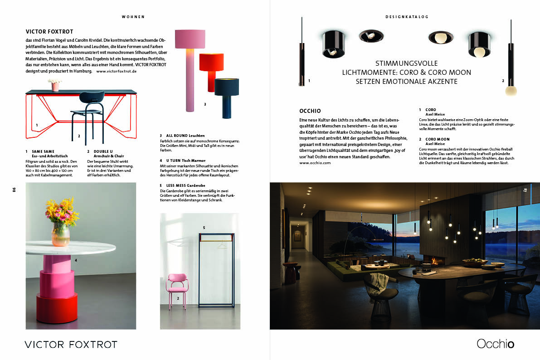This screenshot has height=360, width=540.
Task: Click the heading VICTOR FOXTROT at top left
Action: [x=49, y=32]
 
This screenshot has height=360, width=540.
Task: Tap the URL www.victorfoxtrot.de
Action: [x=117, y=71]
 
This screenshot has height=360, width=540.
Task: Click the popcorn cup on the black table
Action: [x=55, y=85]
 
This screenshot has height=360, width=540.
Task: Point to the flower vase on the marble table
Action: [x=61, y=234]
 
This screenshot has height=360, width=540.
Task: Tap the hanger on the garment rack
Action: [x=221, y=245]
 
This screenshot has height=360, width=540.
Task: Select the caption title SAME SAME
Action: [x=43, y=151]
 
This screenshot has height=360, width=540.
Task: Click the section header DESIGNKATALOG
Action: [x=407, y=17]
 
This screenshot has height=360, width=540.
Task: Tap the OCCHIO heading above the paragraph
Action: [x=310, y=111]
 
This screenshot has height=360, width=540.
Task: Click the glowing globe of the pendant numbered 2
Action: [x=511, y=89]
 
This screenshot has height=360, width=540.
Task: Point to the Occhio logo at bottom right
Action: [x=495, y=344]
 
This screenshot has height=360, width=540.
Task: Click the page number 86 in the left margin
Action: [x=14, y=190]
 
